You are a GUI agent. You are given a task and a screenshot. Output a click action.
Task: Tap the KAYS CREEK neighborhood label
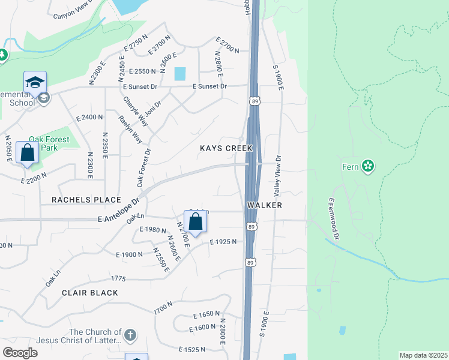(226, 148)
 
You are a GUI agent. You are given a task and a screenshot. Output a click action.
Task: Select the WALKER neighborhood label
(264, 205)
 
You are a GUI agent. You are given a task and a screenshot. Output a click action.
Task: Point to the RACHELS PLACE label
(86, 199)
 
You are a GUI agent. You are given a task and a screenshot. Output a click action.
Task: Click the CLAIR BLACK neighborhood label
(89, 292)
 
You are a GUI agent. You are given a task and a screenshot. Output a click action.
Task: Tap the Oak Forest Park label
(49, 144)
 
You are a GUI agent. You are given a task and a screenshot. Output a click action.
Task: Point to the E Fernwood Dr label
(333, 220)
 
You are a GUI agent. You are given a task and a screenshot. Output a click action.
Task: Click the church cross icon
(130, 335)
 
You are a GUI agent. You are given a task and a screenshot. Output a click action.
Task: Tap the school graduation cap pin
(35, 82)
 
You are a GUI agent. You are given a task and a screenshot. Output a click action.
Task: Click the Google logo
(20, 352)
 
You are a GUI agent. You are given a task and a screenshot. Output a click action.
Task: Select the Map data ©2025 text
(423, 355)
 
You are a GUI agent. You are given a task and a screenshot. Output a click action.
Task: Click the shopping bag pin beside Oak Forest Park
(28, 152)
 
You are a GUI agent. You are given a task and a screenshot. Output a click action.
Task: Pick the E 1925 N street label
(223, 241)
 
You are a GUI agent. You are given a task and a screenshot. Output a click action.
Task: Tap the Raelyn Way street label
(130, 129)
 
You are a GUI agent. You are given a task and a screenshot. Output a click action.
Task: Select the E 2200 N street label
(34, 176)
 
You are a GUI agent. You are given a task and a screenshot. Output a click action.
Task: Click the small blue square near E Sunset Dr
(180, 74)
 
